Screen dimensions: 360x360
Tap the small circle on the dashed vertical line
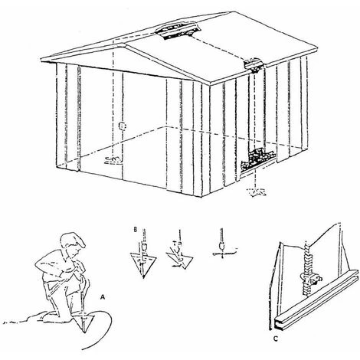[x=123, y=125]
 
